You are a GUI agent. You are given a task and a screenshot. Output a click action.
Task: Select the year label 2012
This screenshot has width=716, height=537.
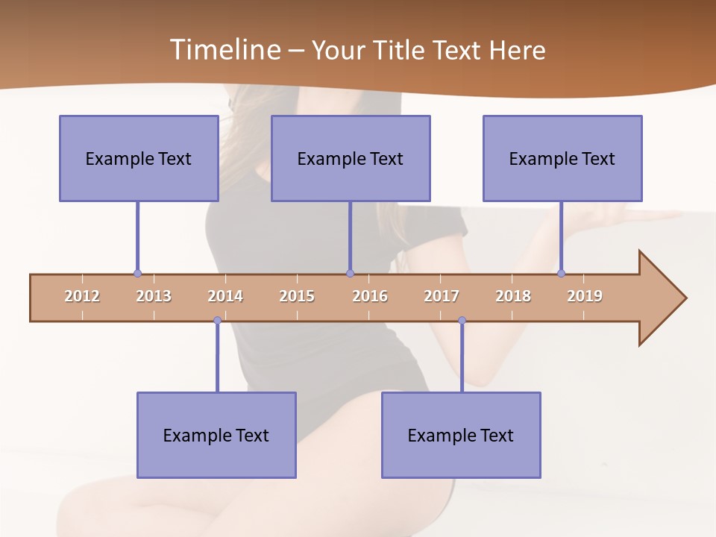click(x=82, y=296)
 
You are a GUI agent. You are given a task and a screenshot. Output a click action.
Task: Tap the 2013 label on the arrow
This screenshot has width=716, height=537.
click(x=154, y=296)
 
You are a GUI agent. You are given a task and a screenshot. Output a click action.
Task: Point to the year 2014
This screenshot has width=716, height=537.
click(x=225, y=296)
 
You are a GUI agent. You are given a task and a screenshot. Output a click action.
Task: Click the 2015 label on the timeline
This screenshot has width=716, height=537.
click(x=297, y=296)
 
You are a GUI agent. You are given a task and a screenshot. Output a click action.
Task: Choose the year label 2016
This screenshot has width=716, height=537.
click(x=370, y=296)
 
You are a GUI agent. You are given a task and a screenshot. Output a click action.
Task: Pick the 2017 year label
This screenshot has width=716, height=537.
click(x=442, y=296)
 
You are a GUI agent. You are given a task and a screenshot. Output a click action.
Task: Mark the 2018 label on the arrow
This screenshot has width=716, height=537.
click(x=513, y=296)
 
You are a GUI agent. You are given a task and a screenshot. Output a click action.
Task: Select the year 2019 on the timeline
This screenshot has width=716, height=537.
click(x=585, y=296)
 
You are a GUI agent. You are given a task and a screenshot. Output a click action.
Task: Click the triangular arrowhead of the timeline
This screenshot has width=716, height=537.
click(x=660, y=298)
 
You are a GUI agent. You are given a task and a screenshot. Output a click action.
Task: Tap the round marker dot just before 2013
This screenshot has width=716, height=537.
click(x=137, y=274)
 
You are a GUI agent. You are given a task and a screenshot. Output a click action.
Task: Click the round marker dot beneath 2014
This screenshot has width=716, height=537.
click(x=217, y=321)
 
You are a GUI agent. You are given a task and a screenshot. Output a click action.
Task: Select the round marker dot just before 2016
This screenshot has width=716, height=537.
click(x=351, y=274)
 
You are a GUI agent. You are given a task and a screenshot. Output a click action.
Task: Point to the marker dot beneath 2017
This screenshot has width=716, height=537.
click(x=462, y=321)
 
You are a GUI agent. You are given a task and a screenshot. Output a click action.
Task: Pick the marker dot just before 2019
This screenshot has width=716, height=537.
click(x=561, y=274)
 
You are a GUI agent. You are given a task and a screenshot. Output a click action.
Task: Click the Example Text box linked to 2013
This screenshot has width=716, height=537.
click(x=139, y=158)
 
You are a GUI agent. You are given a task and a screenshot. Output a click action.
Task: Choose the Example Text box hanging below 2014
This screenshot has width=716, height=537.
click(x=216, y=435)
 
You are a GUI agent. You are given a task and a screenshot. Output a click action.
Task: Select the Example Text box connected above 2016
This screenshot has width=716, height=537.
click(x=351, y=158)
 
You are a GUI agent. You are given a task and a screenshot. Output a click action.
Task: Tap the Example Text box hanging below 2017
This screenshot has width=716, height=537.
click(x=461, y=435)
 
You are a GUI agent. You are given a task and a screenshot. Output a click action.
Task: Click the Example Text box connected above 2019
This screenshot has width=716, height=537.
click(x=562, y=158)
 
